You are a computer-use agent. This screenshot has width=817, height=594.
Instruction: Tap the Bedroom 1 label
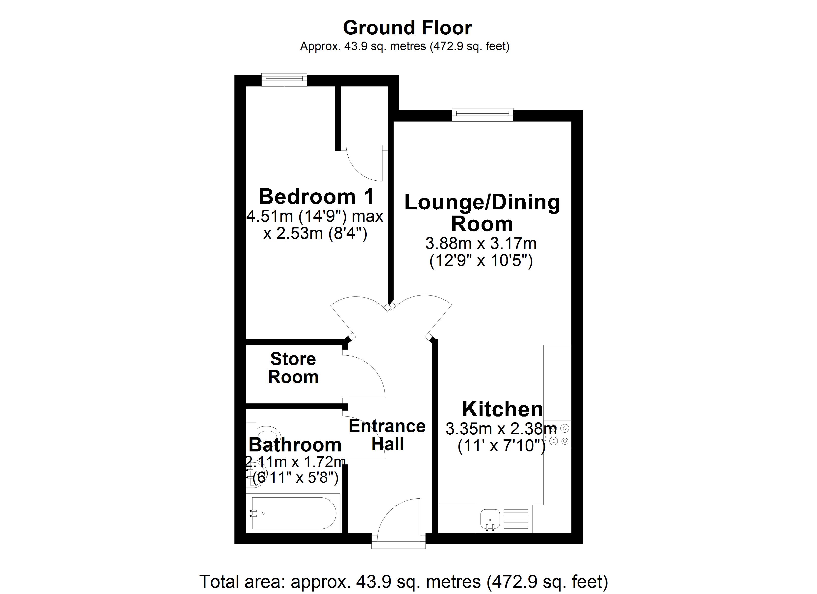point(316,197)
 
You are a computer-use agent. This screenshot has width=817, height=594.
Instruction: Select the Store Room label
point(293,368)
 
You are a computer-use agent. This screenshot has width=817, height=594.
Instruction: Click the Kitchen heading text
point(502,409)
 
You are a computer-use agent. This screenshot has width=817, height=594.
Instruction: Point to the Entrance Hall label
point(387,435)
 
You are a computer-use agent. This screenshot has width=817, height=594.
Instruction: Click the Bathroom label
point(295,445)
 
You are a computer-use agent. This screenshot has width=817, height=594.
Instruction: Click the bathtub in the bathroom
point(294,513)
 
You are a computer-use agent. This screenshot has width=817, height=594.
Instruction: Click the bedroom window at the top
point(284,80)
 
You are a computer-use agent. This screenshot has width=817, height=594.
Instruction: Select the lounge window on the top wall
point(482,115)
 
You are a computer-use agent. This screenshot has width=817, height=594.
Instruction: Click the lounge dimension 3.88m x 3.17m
point(481,244)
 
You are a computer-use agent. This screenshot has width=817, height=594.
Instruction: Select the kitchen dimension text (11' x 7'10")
point(501,446)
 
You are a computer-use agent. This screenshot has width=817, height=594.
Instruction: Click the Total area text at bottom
point(404,581)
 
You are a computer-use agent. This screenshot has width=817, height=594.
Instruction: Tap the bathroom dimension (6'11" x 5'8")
point(295,478)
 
